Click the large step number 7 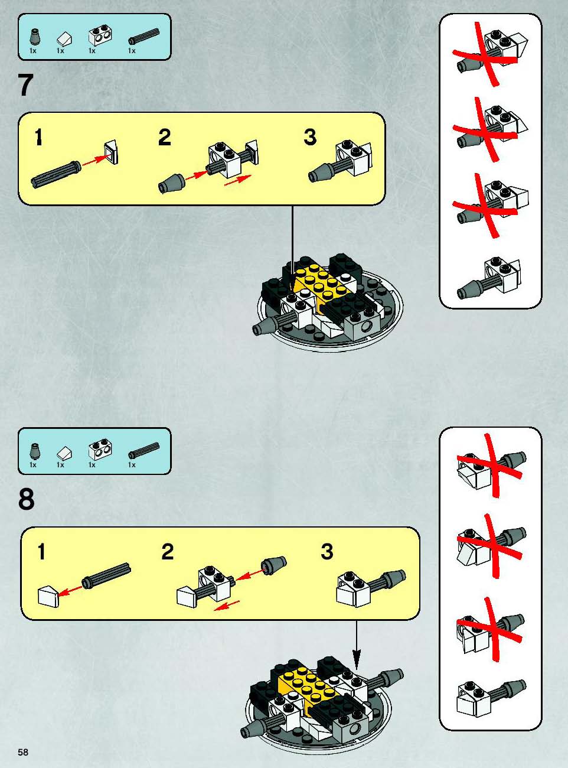[x=25, y=85]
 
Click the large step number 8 [x=27, y=499]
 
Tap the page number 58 [x=23, y=753]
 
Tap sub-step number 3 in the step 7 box [x=310, y=137]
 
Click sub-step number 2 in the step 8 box [x=168, y=552]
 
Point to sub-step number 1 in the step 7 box [x=39, y=137]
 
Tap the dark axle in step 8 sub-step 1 [x=106, y=576]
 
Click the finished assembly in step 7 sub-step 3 [x=341, y=161]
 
